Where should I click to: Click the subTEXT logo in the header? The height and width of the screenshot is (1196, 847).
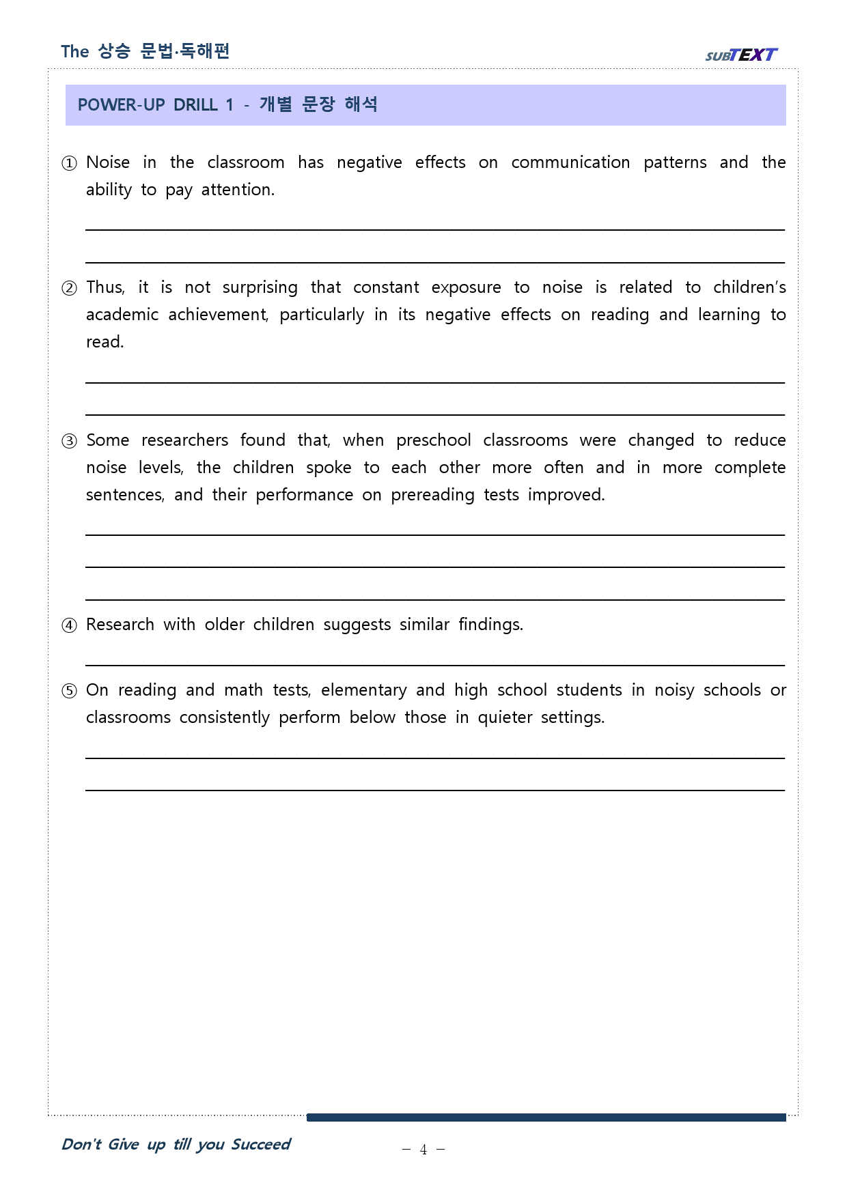tap(741, 55)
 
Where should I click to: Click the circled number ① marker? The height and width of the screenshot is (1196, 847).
tap(70, 163)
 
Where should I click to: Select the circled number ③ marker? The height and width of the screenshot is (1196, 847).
tap(70, 441)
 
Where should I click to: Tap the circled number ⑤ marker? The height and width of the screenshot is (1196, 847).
tap(70, 691)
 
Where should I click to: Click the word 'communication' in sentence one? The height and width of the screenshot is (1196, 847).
tap(570, 162)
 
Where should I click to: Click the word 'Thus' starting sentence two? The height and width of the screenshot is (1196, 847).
tap(105, 287)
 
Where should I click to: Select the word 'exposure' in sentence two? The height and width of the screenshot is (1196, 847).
tap(466, 287)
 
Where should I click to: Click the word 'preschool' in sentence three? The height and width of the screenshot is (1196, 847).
tap(433, 440)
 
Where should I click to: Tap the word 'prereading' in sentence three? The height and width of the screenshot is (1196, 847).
tap(432, 495)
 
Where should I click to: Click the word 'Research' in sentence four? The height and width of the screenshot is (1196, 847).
tap(120, 625)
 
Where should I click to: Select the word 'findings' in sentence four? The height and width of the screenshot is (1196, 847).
tap(490, 625)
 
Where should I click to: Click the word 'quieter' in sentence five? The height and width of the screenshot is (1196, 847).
tap(505, 717)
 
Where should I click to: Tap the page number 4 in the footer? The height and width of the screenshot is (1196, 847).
tap(423, 1150)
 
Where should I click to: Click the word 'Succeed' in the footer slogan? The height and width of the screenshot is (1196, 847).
tap(261, 1144)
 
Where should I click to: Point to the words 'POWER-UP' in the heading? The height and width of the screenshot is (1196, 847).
tap(121, 105)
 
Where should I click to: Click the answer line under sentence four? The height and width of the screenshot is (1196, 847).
tap(434, 664)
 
